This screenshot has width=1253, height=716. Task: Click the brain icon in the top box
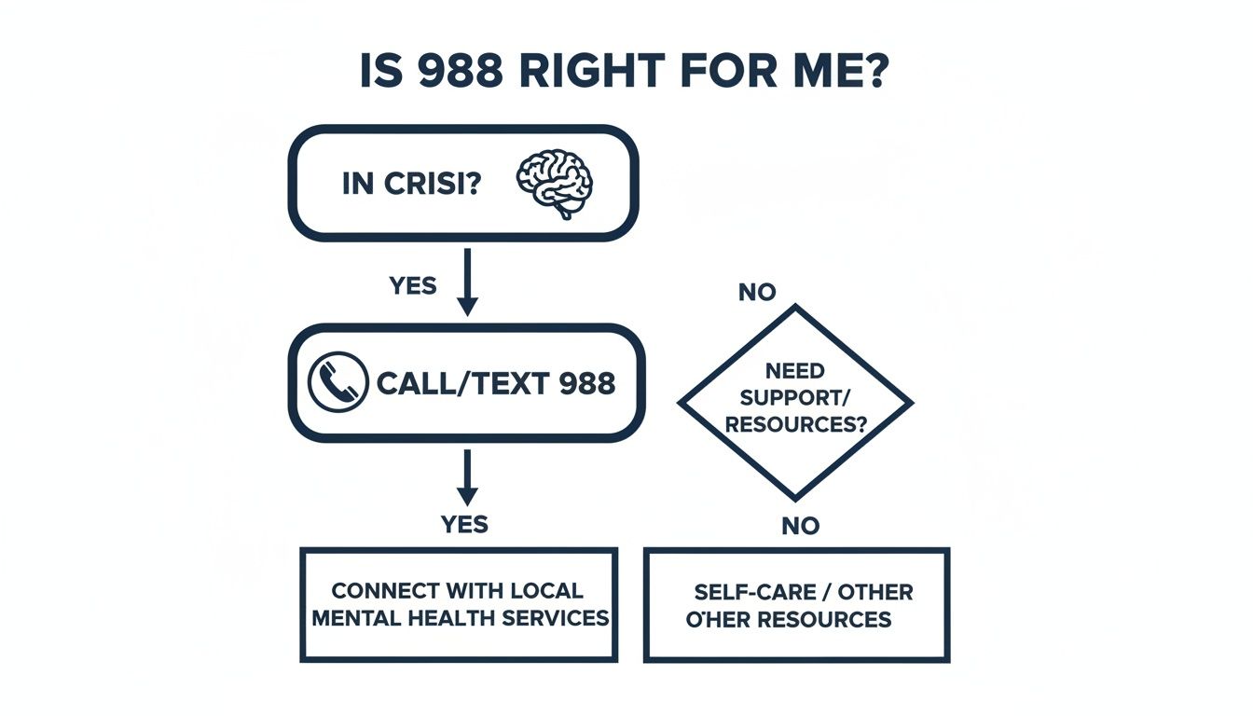tap(555, 184)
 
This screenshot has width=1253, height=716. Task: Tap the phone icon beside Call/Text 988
tap(337, 382)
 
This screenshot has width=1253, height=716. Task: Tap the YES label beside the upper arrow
tap(413, 285)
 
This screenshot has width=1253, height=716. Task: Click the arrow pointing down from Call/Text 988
tap(468, 477)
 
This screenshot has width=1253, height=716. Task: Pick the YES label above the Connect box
tap(464, 525)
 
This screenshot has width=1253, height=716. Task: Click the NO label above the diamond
tap(756, 293)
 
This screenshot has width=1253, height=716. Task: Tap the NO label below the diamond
tap(800, 527)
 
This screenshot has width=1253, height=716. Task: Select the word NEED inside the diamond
tap(794, 371)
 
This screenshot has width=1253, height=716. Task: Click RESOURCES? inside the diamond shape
tap(795, 425)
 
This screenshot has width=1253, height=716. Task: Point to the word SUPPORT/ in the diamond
tap(794, 398)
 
